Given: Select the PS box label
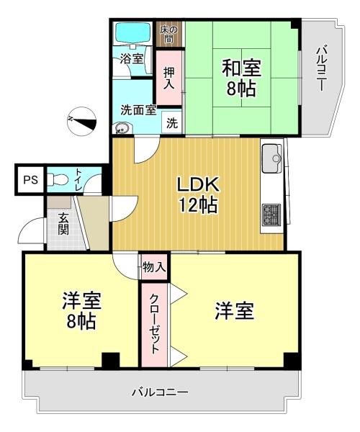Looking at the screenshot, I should [30, 180].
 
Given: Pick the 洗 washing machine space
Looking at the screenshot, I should [172, 123].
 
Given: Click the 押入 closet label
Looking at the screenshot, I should [169, 78].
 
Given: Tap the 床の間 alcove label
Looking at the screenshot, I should [169, 33].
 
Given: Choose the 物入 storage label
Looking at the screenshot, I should [155, 267].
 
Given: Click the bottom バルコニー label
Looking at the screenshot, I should [160, 392].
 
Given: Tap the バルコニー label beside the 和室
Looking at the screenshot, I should [321, 68].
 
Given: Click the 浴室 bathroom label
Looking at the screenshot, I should [132, 59].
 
